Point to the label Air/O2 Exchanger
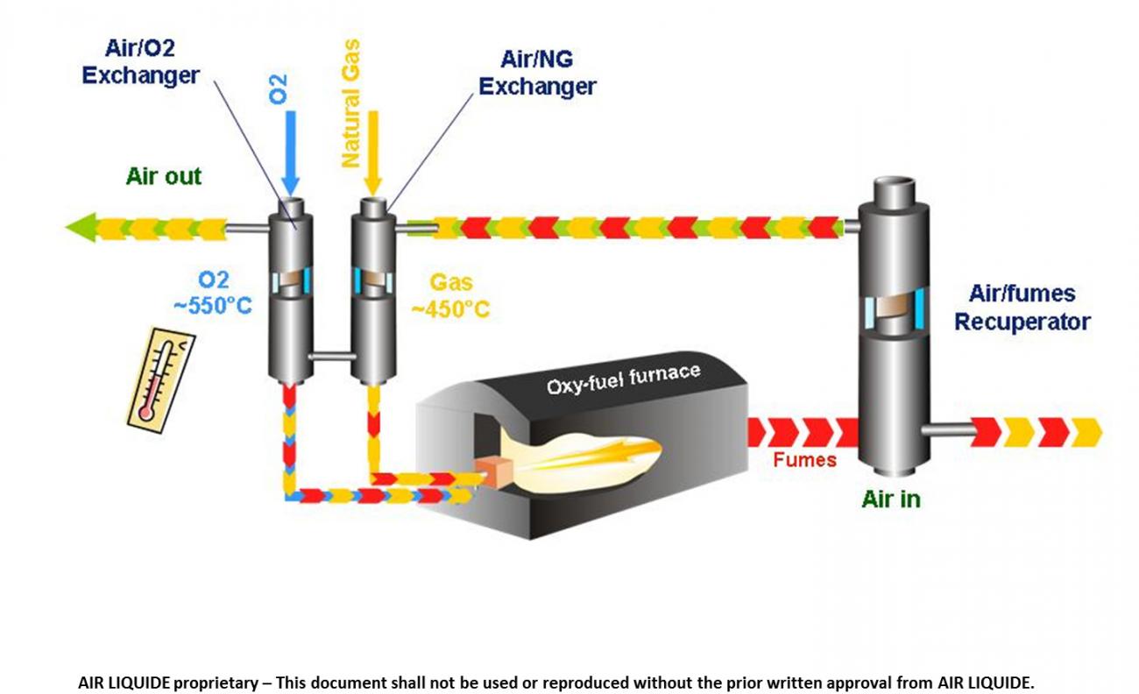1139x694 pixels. click(140, 62)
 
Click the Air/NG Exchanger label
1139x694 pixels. click(537, 74)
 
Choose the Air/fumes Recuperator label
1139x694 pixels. click(1022, 308)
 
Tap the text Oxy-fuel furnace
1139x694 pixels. click(623, 379)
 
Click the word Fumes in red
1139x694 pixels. click(805, 459)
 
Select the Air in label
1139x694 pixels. click(891, 499)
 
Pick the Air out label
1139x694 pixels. click(164, 176)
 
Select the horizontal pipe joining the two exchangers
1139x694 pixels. click(331, 356)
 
